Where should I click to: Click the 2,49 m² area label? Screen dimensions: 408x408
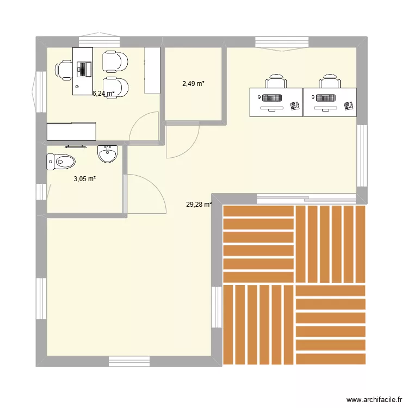pyautogui.click(x=193, y=84)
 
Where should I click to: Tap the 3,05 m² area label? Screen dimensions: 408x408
pyautogui.click(x=85, y=178)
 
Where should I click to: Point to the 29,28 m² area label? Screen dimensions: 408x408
pyautogui.click(x=199, y=205)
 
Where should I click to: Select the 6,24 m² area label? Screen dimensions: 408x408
pyautogui.click(x=103, y=94)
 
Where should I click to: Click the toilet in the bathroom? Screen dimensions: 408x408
pyautogui.click(x=60, y=161)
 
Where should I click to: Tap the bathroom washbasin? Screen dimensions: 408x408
pyautogui.click(x=107, y=154)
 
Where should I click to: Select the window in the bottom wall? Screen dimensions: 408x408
pyautogui.click(x=129, y=360)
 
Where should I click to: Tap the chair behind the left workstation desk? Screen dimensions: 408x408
pyautogui.click(x=276, y=82)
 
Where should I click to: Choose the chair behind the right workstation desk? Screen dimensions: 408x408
pyautogui.click(x=329, y=82)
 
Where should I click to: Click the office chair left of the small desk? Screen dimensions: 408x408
pyautogui.click(x=64, y=70)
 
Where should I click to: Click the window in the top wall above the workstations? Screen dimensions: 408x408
pyautogui.click(x=282, y=42)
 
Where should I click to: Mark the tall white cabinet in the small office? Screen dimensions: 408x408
pyautogui.click(x=152, y=70)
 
